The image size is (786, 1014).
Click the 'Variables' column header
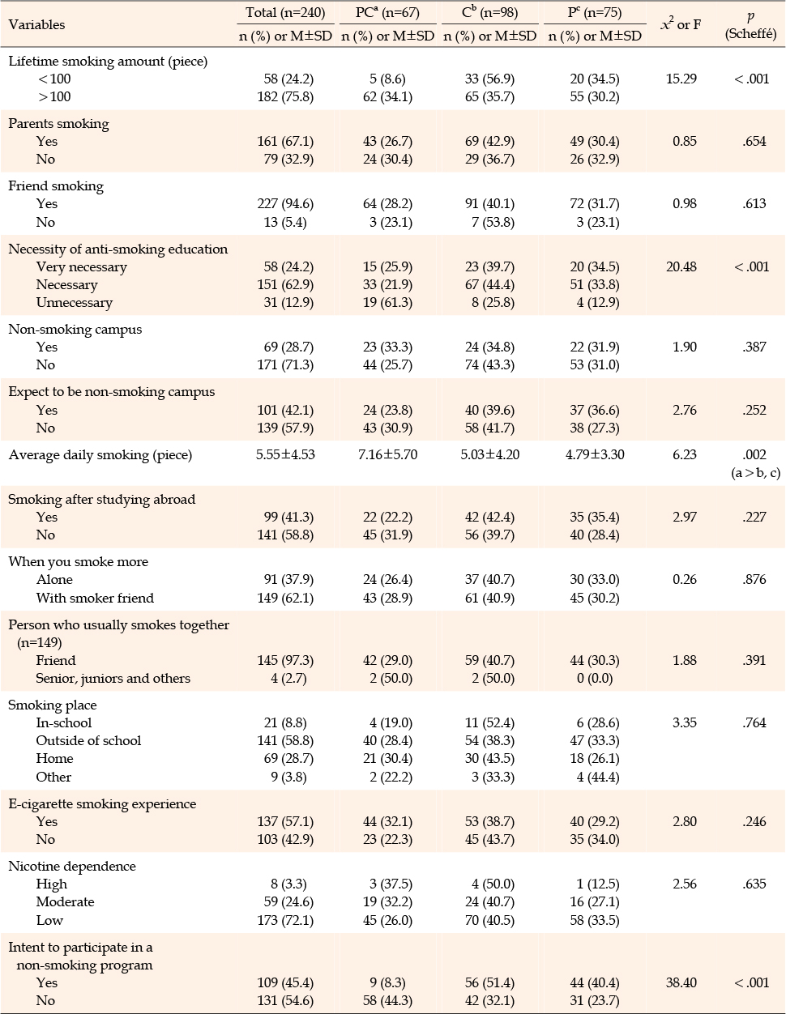[x=36, y=24]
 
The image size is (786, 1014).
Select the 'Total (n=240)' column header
[x=285, y=13]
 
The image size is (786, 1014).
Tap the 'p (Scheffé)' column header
[x=750, y=25]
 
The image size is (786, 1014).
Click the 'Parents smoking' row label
[x=59, y=124]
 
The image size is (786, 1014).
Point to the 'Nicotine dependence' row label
[x=72, y=866]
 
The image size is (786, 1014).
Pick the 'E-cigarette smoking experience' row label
[x=102, y=803]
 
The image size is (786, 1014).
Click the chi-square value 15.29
[x=681, y=79]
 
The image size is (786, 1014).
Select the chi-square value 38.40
[x=681, y=982]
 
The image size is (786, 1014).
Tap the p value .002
[x=754, y=454]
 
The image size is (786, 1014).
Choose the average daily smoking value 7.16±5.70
[x=387, y=454]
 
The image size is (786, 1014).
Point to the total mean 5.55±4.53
[x=285, y=454]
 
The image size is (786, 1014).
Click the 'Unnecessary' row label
[x=75, y=303]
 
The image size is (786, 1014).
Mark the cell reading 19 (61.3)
[x=387, y=303]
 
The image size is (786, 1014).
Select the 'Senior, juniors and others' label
[x=113, y=679]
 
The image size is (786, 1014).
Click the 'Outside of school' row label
[x=88, y=741]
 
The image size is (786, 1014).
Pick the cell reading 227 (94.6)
[x=285, y=204]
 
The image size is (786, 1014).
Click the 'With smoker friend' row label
[x=95, y=599]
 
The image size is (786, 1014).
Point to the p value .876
[x=754, y=580]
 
